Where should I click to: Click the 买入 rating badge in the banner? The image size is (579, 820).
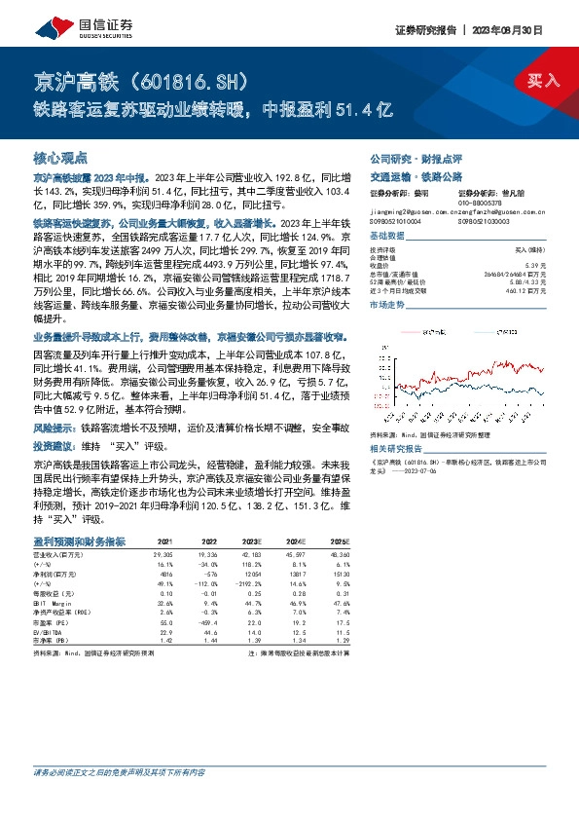click(544, 81)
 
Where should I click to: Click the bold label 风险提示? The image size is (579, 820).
click(54, 428)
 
